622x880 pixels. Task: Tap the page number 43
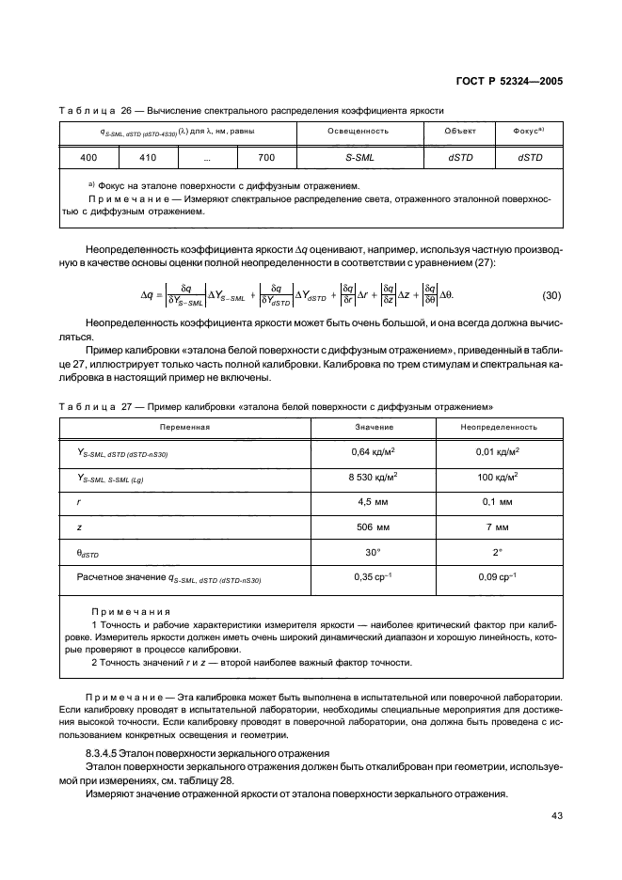[x=556, y=815]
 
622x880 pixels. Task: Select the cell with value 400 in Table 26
[x=89, y=157]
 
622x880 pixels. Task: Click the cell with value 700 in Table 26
[x=266, y=157]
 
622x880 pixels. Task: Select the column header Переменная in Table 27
[x=184, y=426]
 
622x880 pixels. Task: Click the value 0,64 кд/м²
[x=373, y=451]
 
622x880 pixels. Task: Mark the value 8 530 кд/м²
[x=373, y=477]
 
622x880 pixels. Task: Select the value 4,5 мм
[x=373, y=502]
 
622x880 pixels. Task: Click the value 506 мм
[x=373, y=527]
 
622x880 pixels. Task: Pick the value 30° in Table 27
[x=373, y=553]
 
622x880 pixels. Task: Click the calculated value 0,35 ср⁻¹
[x=373, y=578]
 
